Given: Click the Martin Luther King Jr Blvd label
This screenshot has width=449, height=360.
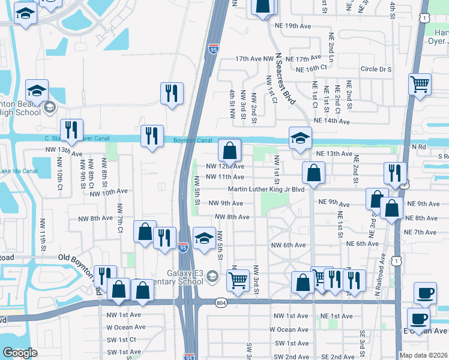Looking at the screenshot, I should click(x=267, y=190).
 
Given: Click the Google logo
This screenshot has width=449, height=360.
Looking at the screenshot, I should click(x=20, y=353).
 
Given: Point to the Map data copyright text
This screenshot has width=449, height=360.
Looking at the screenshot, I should click(x=423, y=355).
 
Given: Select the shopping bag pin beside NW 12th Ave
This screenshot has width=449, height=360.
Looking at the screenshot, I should click(x=229, y=150).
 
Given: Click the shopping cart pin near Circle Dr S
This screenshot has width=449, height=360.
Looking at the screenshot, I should click(x=420, y=84).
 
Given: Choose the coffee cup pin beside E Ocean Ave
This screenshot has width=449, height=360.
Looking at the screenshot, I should click(x=418, y=319).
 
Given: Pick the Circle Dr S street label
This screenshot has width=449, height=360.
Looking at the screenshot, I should click(x=376, y=70).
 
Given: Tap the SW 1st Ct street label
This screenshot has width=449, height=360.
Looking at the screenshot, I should click(x=124, y=340).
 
